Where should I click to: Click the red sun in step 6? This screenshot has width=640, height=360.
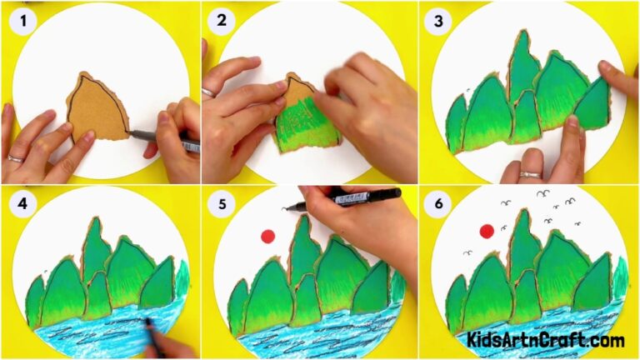(486, 231)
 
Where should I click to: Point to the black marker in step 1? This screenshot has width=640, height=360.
(171, 139)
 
